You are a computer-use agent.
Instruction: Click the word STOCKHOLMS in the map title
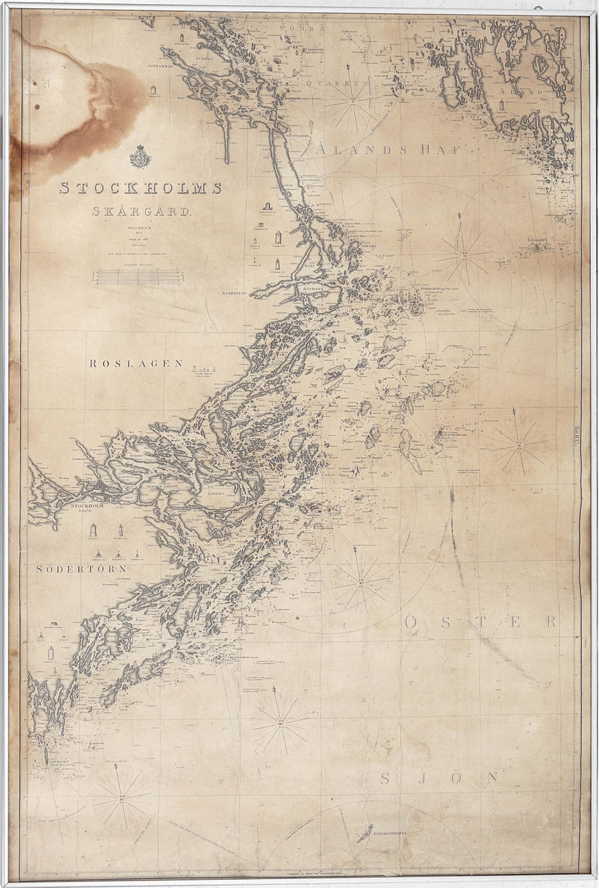pyautogui.click(x=140, y=187)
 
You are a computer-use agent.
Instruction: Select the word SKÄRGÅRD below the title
pyautogui.click(x=143, y=211)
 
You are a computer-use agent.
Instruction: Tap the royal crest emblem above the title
pyautogui.click(x=140, y=157)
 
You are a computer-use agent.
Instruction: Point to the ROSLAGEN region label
pyautogui.click(x=135, y=363)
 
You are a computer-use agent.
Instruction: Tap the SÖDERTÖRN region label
pyautogui.click(x=82, y=569)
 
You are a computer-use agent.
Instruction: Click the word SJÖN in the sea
pyautogui.click(x=439, y=779)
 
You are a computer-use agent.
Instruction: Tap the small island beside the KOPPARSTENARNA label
pyautogui.click(x=364, y=832)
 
